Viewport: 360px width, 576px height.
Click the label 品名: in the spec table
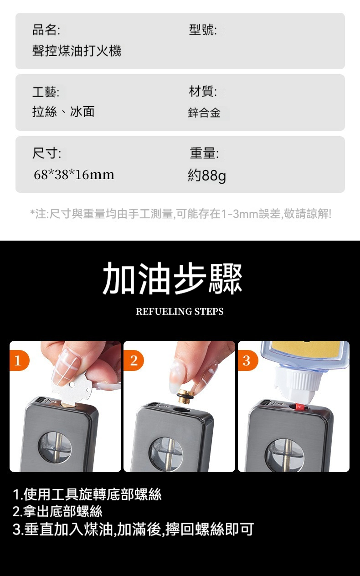pyautogui.click(x=46, y=29)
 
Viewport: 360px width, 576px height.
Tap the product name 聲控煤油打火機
pyautogui.click(x=77, y=51)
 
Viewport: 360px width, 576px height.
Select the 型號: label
pyautogui.click(x=203, y=29)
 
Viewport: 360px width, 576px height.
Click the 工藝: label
pyautogui.click(x=46, y=92)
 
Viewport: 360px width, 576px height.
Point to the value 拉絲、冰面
pyautogui.click(x=63, y=112)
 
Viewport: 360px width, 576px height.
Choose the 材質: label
pyautogui.click(x=203, y=91)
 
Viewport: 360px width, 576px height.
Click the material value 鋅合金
pyautogui.click(x=204, y=113)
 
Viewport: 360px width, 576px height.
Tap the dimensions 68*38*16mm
pyautogui.click(x=74, y=175)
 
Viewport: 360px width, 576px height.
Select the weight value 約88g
pyautogui.click(x=207, y=175)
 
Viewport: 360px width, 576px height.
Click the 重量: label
pyautogui.click(x=204, y=153)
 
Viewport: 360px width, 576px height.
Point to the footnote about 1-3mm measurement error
pyautogui.click(x=181, y=214)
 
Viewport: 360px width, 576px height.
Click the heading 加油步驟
pyautogui.click(x=172, y=278)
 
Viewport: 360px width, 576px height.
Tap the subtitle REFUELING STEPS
pyautogui.click(x=180, y=311)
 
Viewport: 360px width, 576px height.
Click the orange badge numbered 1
pyautogui.click(x=19, y=360)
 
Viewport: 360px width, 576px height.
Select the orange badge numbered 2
pyautogui.click(x=134, y=360)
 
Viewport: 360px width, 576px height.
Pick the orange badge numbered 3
pyautogui.click(x=247, y=360)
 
